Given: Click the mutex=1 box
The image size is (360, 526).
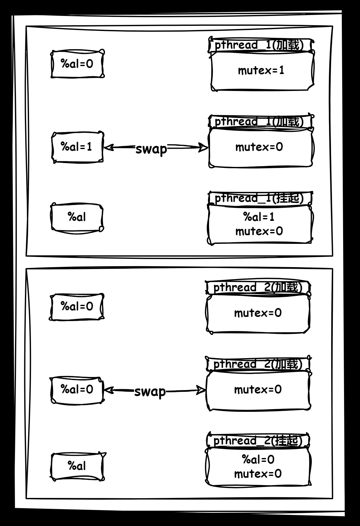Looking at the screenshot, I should (x=262, y=71).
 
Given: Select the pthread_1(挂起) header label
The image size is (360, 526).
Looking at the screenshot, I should (x=259, y=198).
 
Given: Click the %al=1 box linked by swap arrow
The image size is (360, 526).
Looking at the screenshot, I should (x=77, y=147).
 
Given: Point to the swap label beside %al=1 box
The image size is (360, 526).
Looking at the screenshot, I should (x=151, y=149).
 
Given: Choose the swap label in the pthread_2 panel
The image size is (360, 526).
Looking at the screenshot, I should (x=150, y=391).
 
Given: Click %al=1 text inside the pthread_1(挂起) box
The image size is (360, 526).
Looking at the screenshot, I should (x=259, y=217).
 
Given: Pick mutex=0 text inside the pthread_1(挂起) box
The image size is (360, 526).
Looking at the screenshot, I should (x=259, y=231).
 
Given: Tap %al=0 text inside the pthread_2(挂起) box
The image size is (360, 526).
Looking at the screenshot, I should (x=258, y=460).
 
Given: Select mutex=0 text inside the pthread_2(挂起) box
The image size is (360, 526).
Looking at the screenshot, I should (x=258, y=474).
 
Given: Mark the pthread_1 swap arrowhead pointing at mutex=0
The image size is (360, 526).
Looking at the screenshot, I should (x=203, y=147).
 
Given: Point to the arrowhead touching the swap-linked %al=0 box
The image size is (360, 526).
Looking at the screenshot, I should (x=109, y=390).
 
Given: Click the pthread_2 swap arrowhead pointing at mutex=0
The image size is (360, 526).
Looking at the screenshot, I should (x=201, y=390).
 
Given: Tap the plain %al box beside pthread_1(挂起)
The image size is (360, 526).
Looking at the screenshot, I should (x=77, y=217).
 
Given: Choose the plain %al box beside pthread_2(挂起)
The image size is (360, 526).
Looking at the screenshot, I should (x=77, y=466).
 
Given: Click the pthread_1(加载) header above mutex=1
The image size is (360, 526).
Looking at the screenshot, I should (x=259, y=45).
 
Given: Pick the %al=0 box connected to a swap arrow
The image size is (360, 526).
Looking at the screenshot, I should (x=77, y=390).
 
